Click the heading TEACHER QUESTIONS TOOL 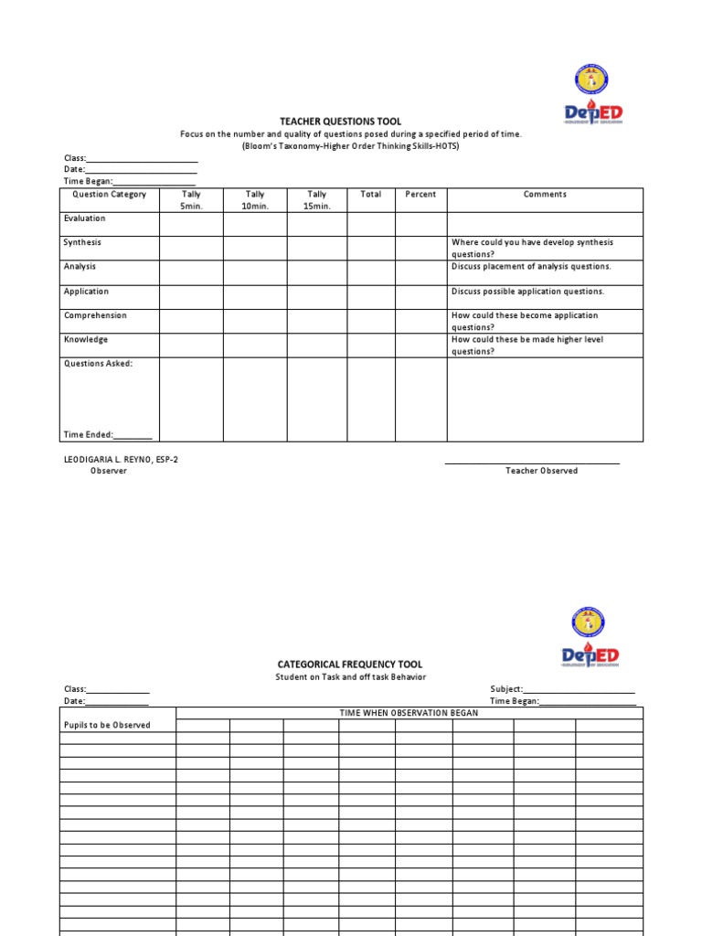click(x=340, y=122)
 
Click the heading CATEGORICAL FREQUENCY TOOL click(x=350, y=665)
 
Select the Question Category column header click(x=109, y=195)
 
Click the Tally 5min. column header click(x=191, y=200)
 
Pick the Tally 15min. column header click(x=316, y=200)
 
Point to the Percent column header click(x=420, y=195)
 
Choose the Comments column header click(x=545, y=195)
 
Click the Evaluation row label click(x=84, y=218)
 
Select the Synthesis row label click(x=82, y=243)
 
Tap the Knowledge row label click(x=85, y=340)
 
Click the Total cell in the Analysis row click(x=370, y=272)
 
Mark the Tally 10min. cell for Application click(x=255, y=297)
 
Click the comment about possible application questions click(x=527, y=292)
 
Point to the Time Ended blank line click(x=133, y=436)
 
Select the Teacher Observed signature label click(x=541, y=471)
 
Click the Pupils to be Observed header click(x=107, y=725)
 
